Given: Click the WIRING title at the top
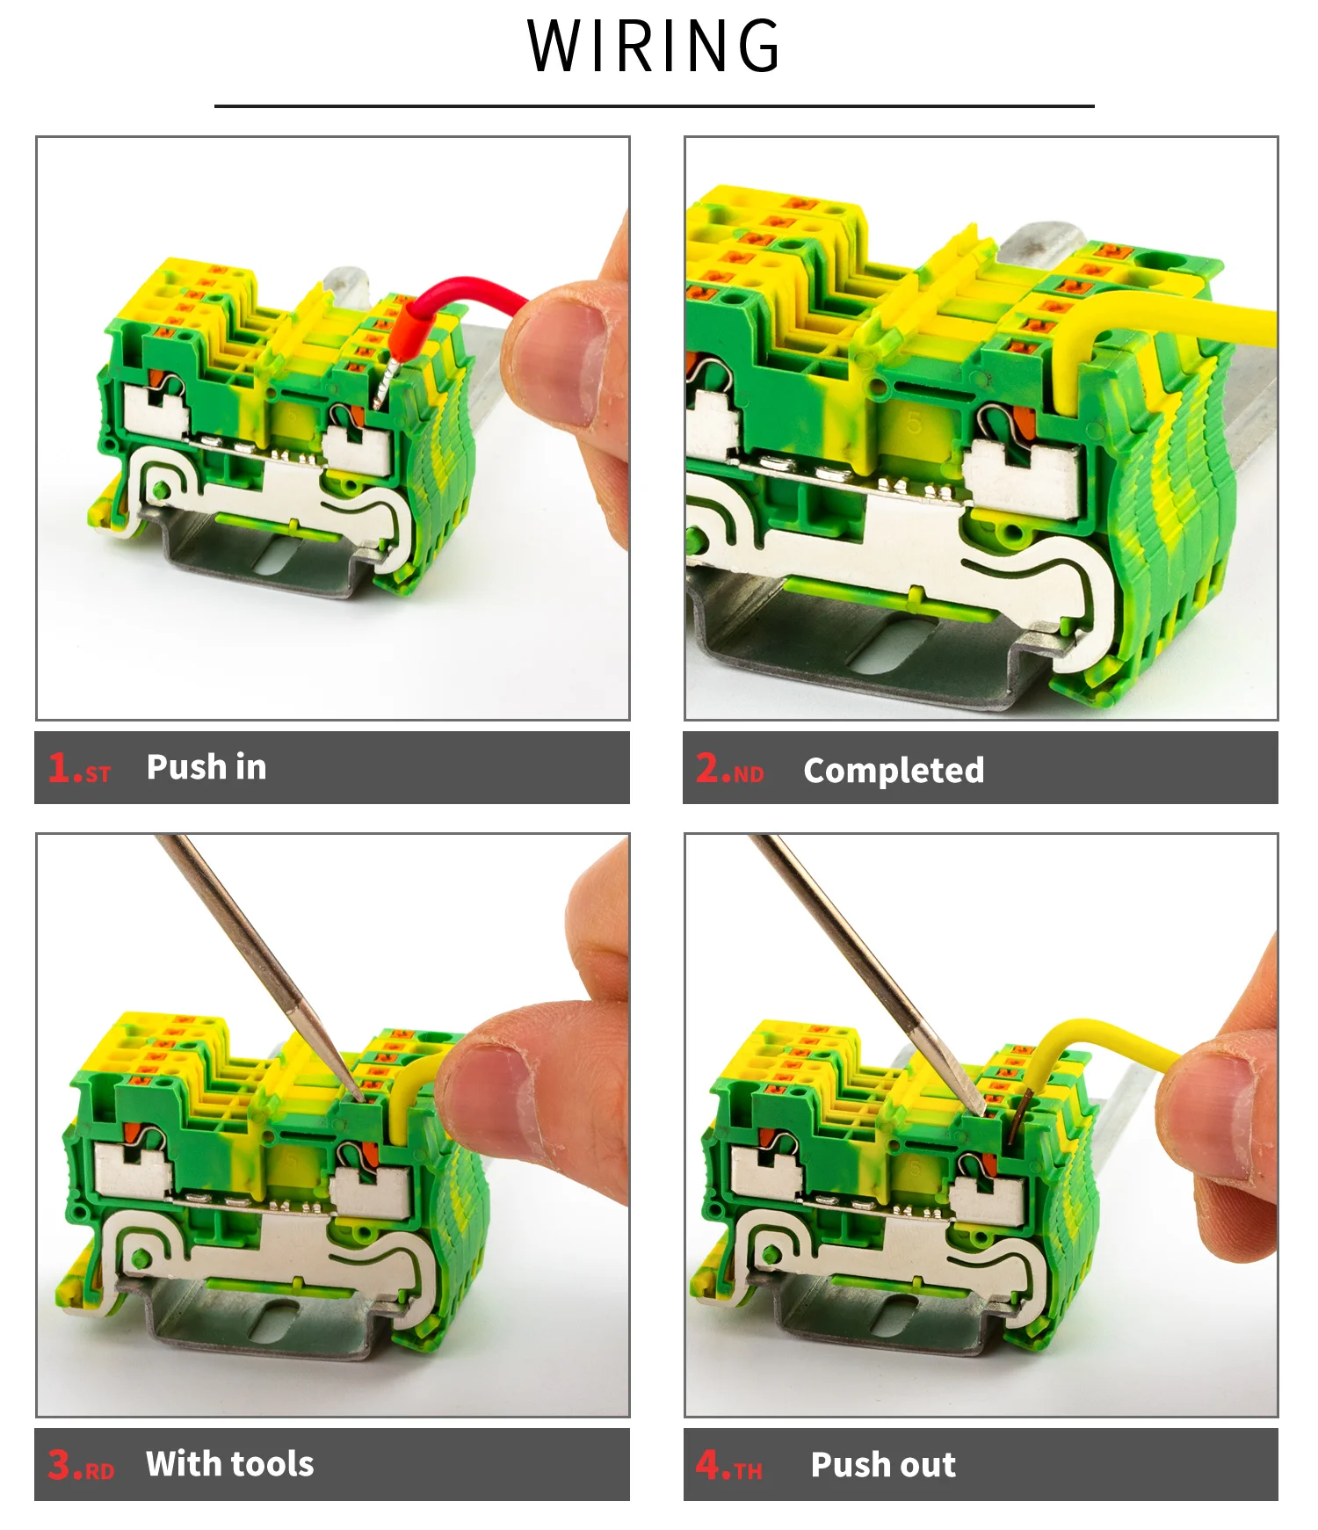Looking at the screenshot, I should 654,46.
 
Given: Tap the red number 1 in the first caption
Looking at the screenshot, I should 60,767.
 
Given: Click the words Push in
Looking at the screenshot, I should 206,767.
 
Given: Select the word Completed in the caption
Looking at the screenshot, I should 894,771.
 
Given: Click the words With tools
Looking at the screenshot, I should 230,1464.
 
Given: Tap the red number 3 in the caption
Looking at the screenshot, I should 60,1464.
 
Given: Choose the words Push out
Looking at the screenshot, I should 883,1465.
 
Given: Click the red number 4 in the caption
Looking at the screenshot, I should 707,1464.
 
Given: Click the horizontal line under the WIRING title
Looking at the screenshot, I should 654,106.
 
